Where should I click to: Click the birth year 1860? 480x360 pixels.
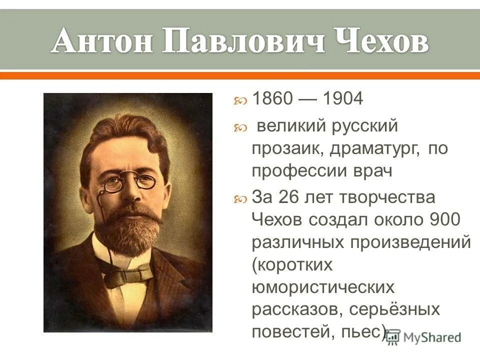click(x=271, y=98)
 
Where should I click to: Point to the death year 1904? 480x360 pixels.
click(x=342, y=98)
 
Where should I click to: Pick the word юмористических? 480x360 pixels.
click(x=323, y=287)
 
